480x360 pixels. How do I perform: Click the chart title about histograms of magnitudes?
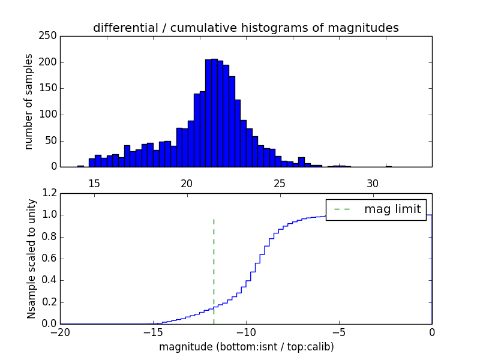pos(246,28)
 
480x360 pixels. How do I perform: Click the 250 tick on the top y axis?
pos(50,36)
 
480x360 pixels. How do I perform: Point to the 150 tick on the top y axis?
pos(50,88)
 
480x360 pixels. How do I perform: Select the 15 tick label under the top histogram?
pos(94,183)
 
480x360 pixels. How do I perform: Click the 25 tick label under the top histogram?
pos(280,183)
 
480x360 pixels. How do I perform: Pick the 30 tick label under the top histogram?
pos(373,183)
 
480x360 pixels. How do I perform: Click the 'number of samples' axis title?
pos(29,101)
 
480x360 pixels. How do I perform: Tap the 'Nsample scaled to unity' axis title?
pos(31,259)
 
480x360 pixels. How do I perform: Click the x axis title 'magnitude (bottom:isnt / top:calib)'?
pos(246,347)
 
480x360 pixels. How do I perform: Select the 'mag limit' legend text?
pos(392,209)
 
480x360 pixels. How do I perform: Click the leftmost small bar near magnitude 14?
pos(80,166)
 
